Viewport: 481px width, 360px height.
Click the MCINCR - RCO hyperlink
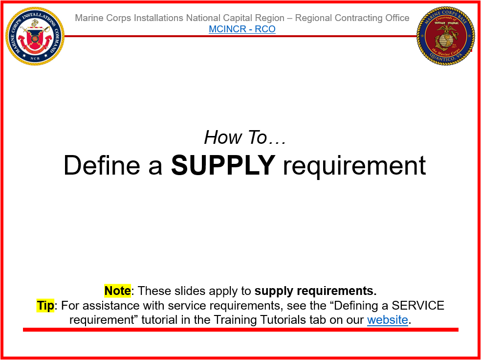[242, 29]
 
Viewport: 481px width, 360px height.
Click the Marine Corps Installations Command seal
[35, 36]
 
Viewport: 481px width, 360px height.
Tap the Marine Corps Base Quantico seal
[446, 36]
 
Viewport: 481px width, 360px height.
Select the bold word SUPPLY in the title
[223, 165]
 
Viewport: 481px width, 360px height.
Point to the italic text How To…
[245, 137]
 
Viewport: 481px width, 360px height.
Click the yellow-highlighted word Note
[117, 291]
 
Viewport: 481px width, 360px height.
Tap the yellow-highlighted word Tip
[45, 306]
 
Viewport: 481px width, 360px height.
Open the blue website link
[388, 320]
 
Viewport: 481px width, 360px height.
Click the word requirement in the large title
[354, 165]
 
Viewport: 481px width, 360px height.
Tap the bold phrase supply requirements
[315, 291]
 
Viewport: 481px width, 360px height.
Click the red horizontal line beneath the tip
[240, 330]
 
